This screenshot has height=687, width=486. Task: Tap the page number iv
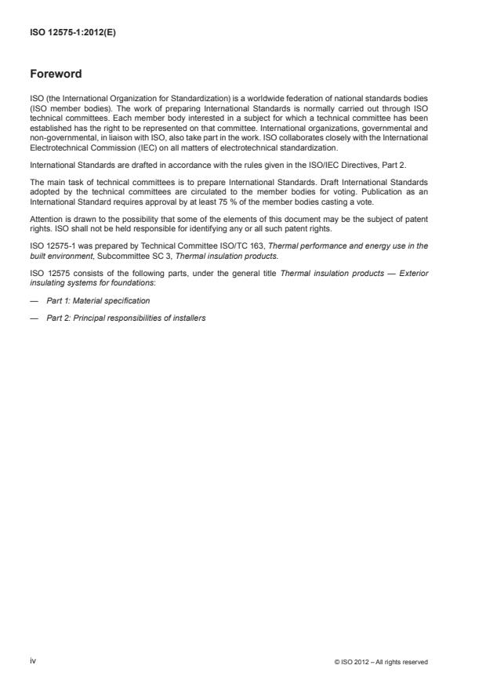[x=33, y=661]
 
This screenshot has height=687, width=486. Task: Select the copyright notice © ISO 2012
[x=380, y=662]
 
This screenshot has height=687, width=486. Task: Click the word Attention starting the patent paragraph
[x=46, y=220]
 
